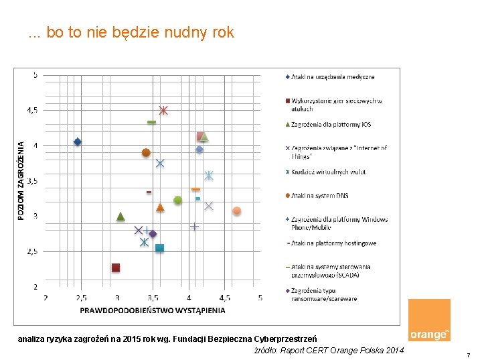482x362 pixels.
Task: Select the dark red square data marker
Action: (116, 267)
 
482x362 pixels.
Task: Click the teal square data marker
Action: (159, 248)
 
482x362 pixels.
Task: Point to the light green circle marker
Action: (177, 200)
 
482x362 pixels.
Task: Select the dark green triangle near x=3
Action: (120, 216)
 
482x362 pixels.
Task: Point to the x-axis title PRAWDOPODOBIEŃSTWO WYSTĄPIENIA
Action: (153, 310)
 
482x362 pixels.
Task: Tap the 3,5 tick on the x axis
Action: (153, 297)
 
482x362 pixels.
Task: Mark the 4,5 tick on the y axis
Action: (32, 110)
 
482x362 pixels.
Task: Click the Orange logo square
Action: (429, 320)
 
